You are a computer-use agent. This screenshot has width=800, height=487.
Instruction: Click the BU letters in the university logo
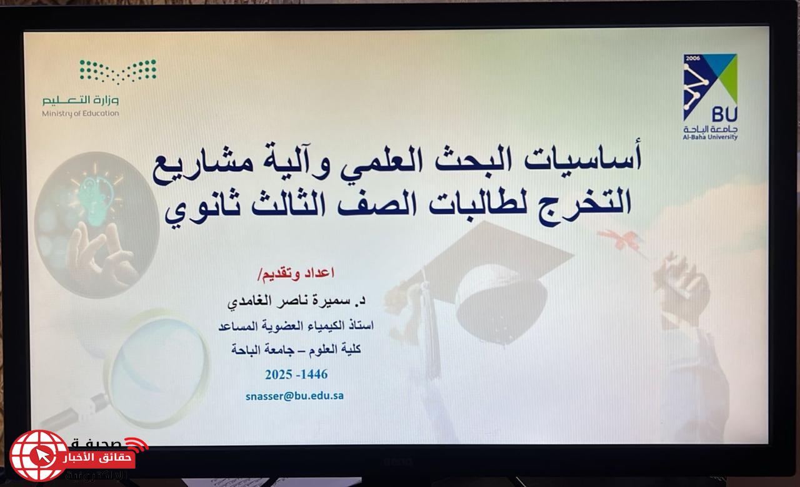724,114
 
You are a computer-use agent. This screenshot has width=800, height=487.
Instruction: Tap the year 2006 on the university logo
693,58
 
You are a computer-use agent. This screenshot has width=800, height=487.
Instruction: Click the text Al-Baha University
710,137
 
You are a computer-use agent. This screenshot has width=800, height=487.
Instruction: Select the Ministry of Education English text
81,114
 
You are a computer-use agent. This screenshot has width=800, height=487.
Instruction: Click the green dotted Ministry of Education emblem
118,71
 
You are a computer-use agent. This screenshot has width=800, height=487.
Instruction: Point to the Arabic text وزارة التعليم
81,100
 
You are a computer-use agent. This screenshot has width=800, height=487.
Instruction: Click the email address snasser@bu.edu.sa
294,396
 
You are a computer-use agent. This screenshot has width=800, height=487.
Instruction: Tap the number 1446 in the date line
314,374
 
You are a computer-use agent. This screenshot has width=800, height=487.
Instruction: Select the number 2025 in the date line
279,374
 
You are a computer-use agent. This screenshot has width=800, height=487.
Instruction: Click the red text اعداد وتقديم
296,273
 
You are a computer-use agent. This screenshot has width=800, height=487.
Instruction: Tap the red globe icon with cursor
39,455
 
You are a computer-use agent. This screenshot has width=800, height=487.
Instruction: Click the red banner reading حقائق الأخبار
98,458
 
